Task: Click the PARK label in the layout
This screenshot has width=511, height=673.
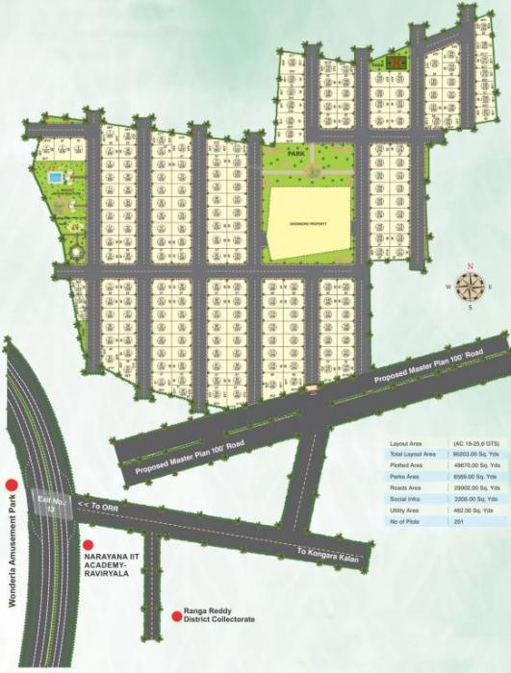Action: coord(295,151)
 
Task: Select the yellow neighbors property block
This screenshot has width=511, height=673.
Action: coord(310,223)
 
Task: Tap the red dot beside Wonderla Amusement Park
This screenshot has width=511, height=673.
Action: coord(12,485)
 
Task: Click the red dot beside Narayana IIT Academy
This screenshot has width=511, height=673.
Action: coord(88,544)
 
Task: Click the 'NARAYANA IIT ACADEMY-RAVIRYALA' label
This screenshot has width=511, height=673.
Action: coord(112,560)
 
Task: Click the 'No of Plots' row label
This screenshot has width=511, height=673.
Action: coord(405,520)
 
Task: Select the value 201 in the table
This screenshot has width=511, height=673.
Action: coord(459,520)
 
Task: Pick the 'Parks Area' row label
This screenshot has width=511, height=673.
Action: coord(404,476)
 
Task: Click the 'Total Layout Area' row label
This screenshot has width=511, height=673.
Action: coord(411,453)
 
